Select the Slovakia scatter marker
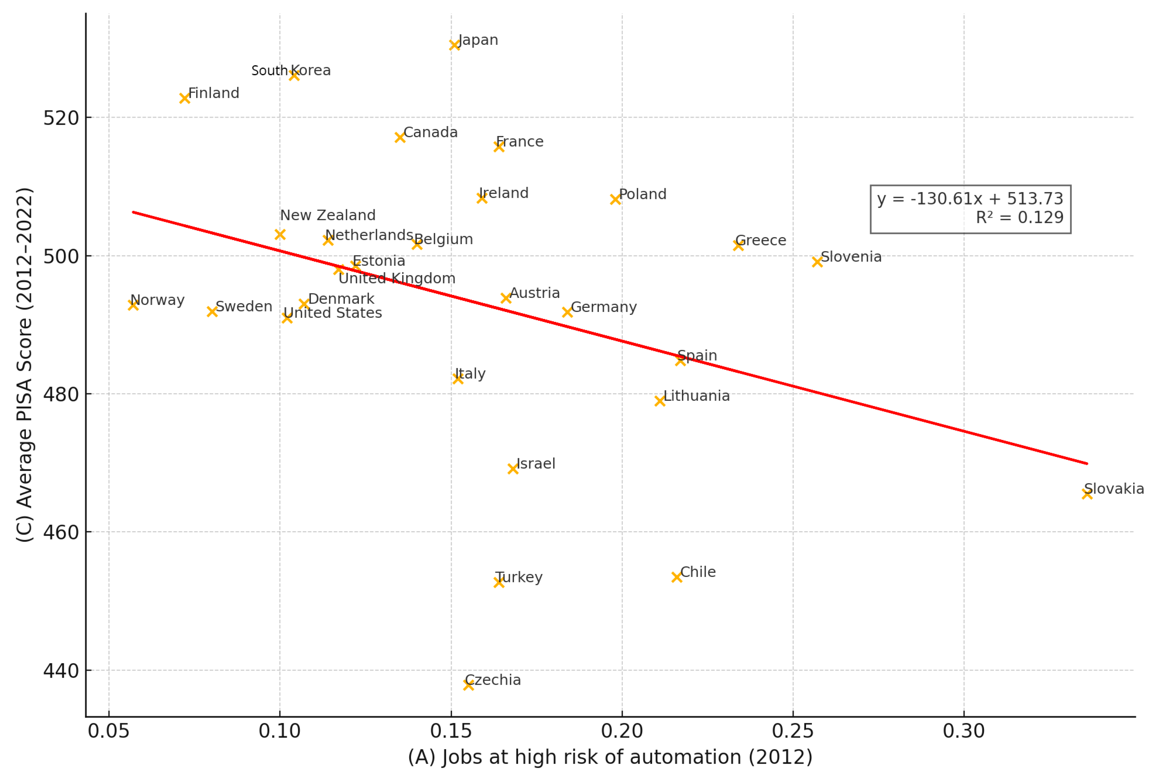[x=1087, y=494]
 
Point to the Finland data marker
[x=184, y=99]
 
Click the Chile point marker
[x=676, y=577]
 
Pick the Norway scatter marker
[x=133, y=305]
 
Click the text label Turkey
[x=519, y=577]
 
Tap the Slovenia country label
[x=851, y=257]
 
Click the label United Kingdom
[x=397, y=278]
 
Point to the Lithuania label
[x=696, y=396]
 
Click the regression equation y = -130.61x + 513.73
[x=970, y=199]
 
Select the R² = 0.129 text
[x=1019, y=218]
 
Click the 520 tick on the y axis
[x=61, y=118]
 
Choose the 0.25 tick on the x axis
[x=793, y=731]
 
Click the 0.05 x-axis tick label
[x=108, y=731]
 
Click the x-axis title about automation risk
[x=610, y=757]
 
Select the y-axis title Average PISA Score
[x=25, y=364]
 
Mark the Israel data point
[x=513, y=469]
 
